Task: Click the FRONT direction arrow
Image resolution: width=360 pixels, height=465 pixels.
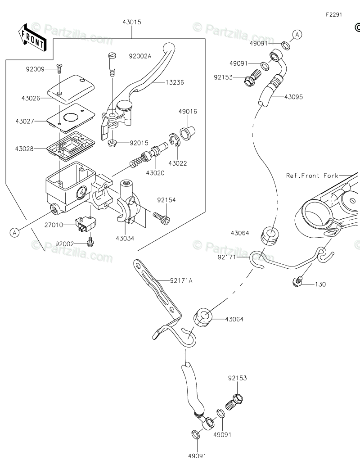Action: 31,37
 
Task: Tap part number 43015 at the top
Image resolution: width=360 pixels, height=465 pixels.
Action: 131,22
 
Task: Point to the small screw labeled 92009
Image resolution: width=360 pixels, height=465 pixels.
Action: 59,68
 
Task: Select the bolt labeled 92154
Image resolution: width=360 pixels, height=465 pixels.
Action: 162,218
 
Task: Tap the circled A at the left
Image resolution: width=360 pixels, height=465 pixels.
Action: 15,232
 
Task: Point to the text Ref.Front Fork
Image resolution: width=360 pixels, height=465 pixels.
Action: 312,176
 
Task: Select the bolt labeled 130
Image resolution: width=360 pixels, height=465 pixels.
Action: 296,282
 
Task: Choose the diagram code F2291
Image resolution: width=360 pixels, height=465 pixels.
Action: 334,14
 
